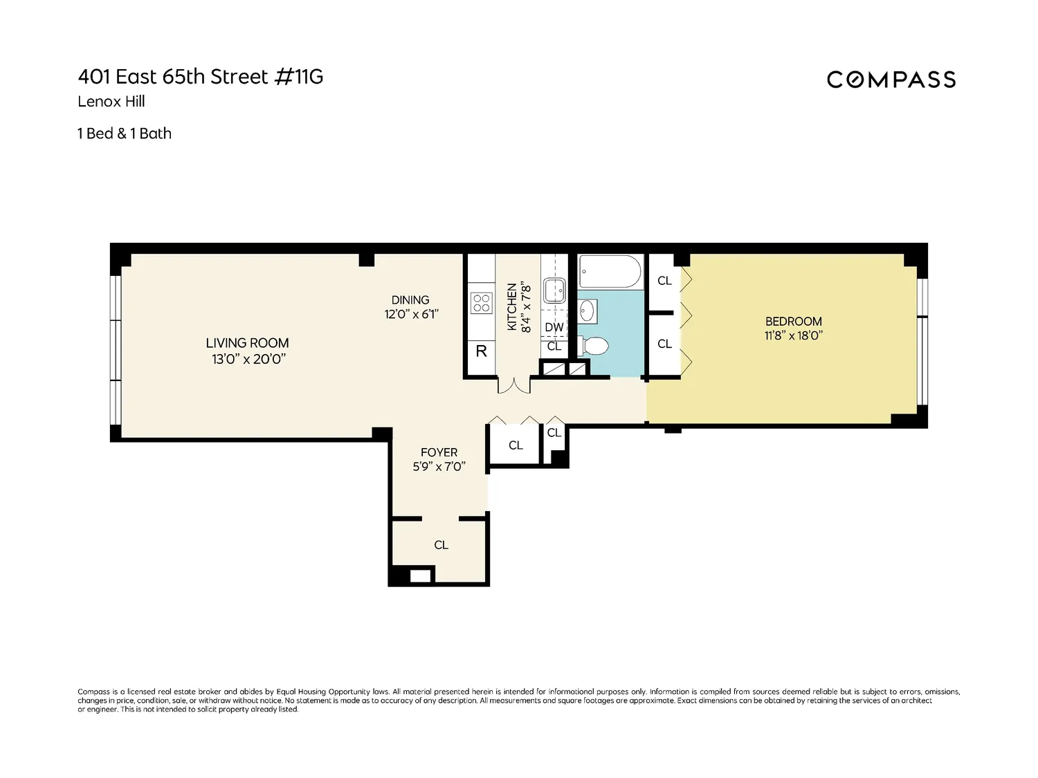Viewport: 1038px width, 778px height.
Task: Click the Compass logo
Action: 891,80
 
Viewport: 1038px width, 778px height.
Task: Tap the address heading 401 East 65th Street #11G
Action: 201,77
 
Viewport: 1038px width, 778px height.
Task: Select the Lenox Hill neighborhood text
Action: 111,101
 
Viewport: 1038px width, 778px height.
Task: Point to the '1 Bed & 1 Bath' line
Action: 125,133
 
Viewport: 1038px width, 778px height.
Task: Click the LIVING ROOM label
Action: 247,342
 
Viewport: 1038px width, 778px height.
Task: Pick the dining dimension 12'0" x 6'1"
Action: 412,314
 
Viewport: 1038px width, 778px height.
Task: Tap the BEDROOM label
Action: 794,321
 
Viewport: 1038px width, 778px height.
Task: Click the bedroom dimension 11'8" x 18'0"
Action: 794,335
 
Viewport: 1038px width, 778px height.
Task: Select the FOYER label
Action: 439,452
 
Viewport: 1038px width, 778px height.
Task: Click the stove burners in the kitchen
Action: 482,304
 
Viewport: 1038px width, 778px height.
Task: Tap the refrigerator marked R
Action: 482,351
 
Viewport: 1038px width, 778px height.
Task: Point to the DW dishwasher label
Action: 554,327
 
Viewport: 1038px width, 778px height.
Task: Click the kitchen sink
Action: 554,290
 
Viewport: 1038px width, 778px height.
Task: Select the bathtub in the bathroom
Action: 610,271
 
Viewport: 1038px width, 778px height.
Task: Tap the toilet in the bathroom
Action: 594,346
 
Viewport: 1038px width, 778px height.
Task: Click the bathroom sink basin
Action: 587,311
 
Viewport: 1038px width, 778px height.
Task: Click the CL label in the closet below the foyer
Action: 441,545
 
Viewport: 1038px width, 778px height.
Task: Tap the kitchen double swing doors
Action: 514,385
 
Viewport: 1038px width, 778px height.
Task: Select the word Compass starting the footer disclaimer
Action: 93,692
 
